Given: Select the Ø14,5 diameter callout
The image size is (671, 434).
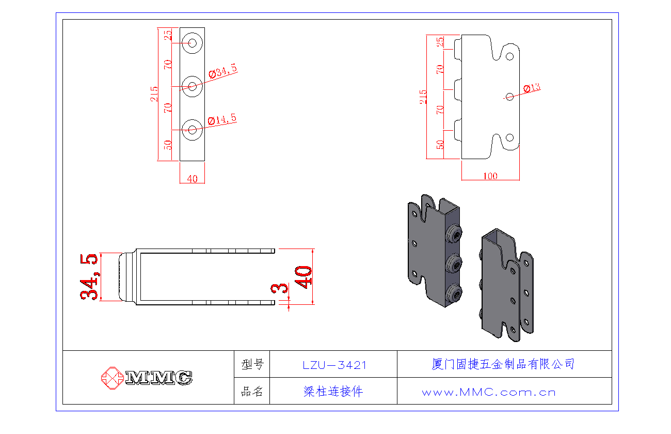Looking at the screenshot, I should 222,120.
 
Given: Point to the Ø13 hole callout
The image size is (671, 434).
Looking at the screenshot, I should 532,88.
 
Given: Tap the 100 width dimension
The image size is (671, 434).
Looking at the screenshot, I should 490,176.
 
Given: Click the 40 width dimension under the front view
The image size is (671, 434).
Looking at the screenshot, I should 192,179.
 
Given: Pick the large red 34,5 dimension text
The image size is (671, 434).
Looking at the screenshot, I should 89,276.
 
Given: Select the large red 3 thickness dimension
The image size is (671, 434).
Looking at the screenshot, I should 282,288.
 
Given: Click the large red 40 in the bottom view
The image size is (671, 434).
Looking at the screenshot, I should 303,277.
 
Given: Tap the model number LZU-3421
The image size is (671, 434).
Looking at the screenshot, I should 334,365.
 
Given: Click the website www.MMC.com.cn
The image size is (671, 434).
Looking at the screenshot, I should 489,392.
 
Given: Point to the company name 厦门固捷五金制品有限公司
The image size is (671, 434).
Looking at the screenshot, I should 503,364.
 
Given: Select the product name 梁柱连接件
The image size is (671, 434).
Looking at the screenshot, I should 333,392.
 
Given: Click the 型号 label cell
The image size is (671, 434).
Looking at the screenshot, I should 252,365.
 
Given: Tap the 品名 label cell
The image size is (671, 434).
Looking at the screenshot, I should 252,392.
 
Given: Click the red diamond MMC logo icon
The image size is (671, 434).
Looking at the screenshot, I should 111,378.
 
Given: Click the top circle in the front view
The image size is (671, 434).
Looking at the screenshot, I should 193,43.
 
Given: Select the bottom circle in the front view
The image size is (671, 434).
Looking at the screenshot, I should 193,130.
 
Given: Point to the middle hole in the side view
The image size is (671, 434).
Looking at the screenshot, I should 509,97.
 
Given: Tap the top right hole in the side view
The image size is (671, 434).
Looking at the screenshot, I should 509,55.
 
